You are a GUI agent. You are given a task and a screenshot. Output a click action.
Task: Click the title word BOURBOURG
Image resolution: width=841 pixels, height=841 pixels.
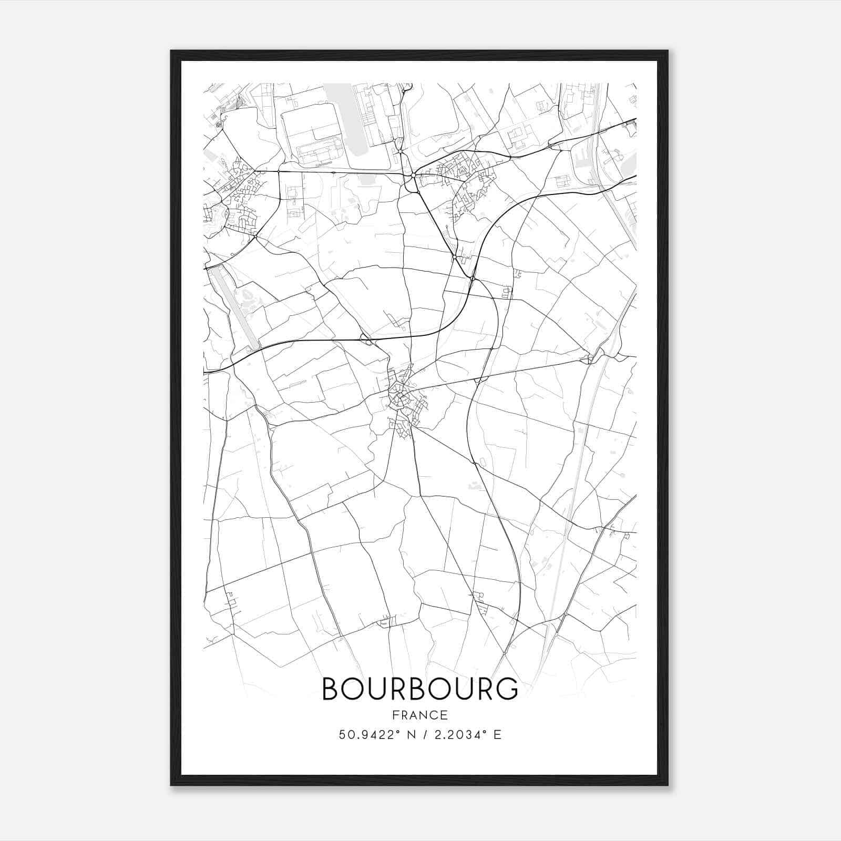[x=419, y=689]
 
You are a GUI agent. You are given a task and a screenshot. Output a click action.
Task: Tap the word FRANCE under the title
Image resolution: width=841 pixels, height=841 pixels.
[x=419, y=715]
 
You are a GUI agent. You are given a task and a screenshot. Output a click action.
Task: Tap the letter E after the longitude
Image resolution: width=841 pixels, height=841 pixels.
[x=497, y=734]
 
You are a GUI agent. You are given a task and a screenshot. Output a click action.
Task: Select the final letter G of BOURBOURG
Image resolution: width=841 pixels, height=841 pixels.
[x=507, y=689]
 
